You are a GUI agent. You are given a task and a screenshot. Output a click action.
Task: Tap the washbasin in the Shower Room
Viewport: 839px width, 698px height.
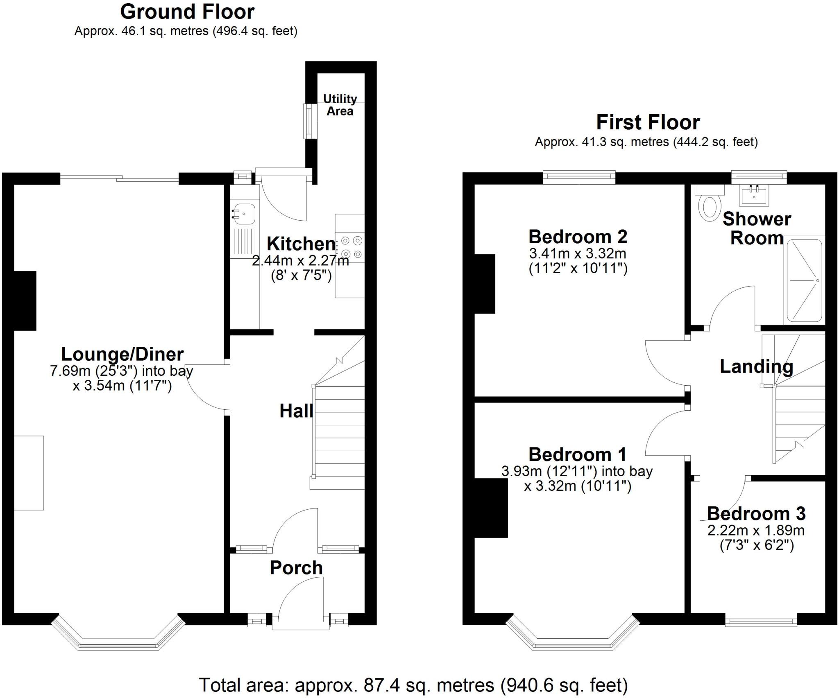(x=754, y=195)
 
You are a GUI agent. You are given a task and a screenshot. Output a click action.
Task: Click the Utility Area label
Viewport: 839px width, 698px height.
(x=340, y=105)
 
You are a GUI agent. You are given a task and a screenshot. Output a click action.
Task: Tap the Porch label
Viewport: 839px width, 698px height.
(x=296, y=568)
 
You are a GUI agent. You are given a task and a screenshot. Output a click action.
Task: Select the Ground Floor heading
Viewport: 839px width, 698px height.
(x=187, y=11)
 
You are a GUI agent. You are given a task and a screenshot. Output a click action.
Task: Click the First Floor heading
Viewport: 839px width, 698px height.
(x=648, y=122)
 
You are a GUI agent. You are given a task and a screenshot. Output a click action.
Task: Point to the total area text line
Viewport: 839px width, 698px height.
(x=413, y=684)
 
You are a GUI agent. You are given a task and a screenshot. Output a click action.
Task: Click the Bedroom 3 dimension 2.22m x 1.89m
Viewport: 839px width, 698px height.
(x=756, y=531)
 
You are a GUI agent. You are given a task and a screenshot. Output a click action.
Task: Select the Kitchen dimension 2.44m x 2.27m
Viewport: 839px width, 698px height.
(x=300, y=260)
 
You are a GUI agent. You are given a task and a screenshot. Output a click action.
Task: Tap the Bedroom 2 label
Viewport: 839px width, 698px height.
(x=578, y=237)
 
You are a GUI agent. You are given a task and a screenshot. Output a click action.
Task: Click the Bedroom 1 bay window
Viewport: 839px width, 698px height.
(x=572, y=646)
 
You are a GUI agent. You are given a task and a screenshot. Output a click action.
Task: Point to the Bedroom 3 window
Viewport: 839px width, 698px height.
(x=761, y=620)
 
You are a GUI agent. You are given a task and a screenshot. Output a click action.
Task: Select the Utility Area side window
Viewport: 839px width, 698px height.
(x=308, y=121)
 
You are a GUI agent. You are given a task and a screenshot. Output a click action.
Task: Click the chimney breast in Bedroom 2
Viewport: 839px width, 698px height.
(x=485, y=284)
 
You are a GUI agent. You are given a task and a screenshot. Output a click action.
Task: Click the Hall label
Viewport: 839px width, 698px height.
(x=296, y=411)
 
